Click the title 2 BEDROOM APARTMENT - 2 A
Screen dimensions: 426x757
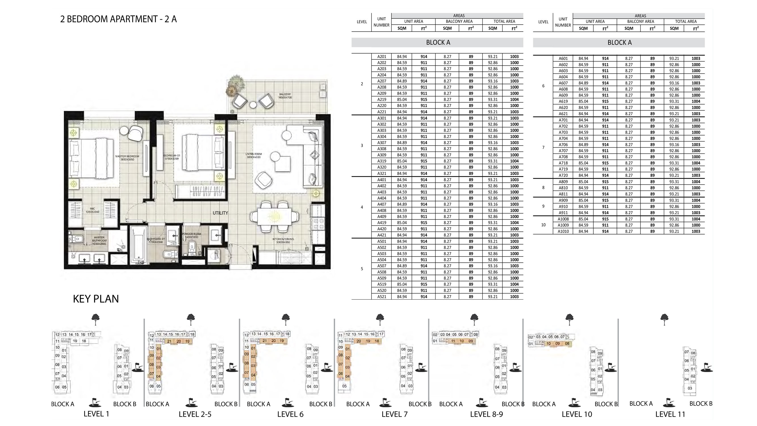[x=118, y=19]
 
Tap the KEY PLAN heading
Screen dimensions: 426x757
[x=96, y=299]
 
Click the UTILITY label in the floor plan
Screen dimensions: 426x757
[x=220, y=213]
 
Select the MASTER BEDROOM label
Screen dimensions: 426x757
[x=127, y=158]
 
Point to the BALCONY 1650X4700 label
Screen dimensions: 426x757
[x=285, y=96]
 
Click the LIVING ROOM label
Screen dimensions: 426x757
[x=253, y=156]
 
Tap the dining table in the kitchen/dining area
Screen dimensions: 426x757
[x=275, y=217]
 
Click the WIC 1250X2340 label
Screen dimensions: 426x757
[x=92, y=210]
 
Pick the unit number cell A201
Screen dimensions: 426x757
[x=381, y=57]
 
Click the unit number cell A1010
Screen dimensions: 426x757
[x=563, y=231]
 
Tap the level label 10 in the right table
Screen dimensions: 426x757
[x=543, y=225]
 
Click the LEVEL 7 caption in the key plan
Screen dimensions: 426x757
[x=394, y=414]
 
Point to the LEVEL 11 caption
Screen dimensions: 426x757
[x=670, y=414]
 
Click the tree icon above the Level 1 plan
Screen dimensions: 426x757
[x=95, y=318]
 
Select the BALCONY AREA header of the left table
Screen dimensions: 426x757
[x=459, y=21]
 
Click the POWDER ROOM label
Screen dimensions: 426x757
[x=191, y=235]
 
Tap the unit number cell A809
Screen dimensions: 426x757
[x=563, y=182]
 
